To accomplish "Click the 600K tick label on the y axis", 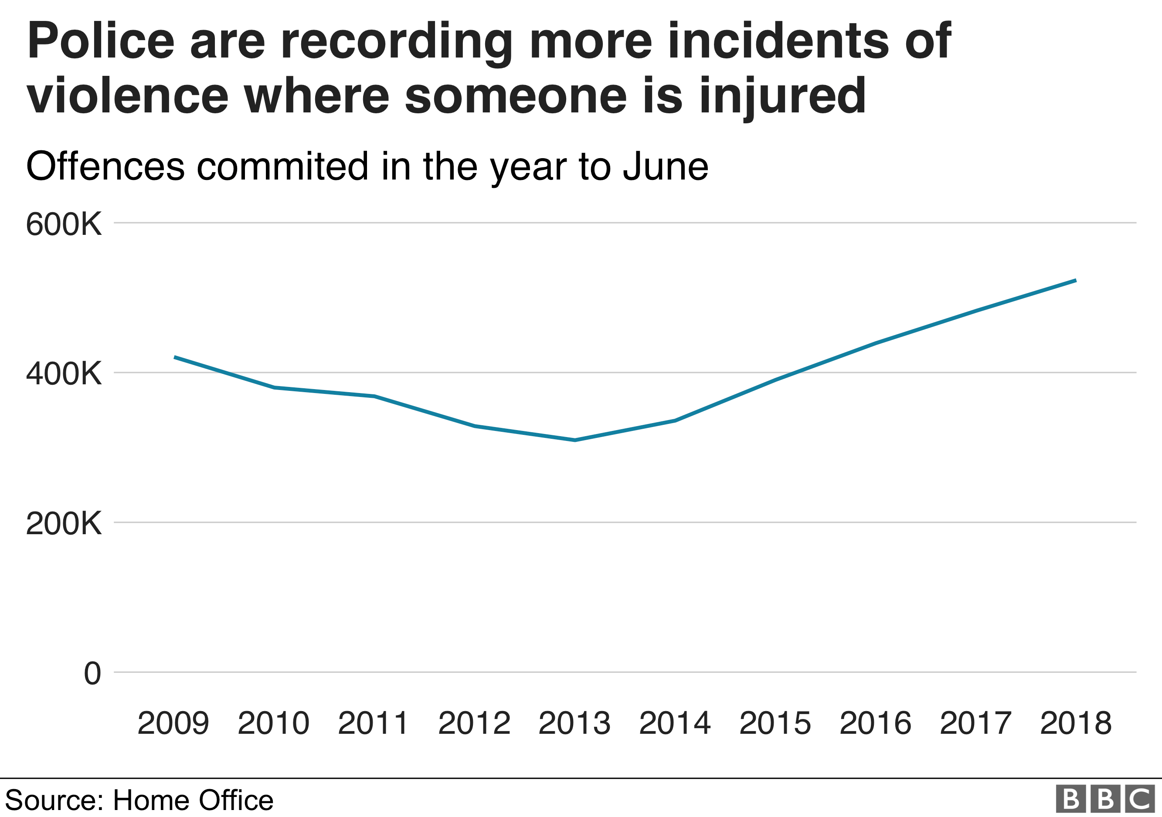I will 64,224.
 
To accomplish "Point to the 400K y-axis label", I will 64,374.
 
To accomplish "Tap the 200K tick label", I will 64,524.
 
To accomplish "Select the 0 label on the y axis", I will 92,674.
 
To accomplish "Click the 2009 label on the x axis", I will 173,723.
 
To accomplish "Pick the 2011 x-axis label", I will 374,723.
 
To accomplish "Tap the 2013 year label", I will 574,723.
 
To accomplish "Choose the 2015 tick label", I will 775,723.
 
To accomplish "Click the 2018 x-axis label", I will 1075,723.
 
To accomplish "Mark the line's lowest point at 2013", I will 575,440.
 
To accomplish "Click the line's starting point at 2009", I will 175,357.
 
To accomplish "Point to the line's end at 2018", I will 1075,280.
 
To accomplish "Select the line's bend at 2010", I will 274,387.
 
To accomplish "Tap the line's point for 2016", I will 876,343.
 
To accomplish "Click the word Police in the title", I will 101,41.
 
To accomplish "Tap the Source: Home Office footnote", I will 139,800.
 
